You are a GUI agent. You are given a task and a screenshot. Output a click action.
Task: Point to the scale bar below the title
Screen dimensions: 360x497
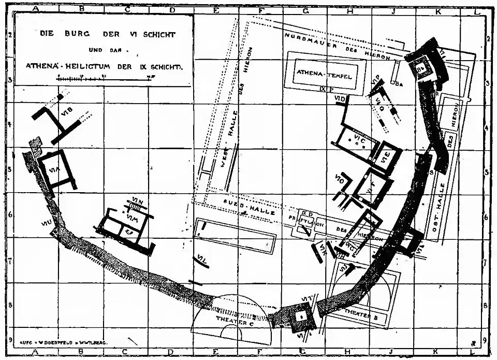tap(106, 76)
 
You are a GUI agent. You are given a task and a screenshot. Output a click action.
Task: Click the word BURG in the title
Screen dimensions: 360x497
tap(78, 34)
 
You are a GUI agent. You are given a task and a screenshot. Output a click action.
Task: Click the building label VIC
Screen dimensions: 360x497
tap(360, 139)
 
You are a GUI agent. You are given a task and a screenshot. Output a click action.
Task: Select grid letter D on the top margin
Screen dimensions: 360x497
tap(172, 9)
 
